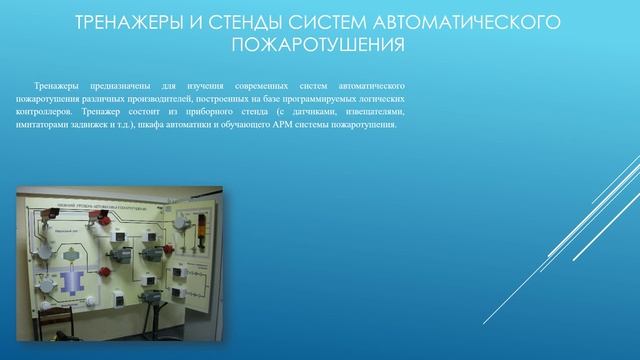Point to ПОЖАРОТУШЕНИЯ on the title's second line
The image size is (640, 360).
tap(319, 45)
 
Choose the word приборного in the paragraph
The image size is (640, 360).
tap(233, 115)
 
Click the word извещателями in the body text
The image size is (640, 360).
tap(376, 115)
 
